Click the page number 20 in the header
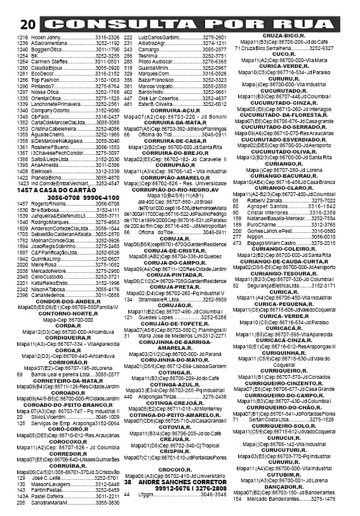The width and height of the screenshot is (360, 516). [x=27, y=25]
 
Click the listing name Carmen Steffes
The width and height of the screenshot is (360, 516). [x=49, y=60]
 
